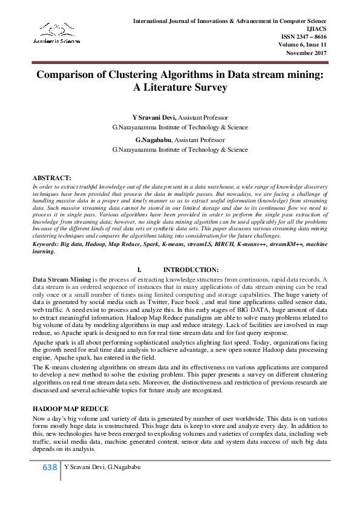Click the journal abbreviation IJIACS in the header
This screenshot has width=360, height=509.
(x=316, y=28)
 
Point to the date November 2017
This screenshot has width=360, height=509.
(x=306, y=53)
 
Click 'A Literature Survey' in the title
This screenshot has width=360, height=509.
(x=180, y=88)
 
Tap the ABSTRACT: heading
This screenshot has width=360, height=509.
(x=51, y=178)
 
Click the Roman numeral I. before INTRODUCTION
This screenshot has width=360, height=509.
(x=140, y=269)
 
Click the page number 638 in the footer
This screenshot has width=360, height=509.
(x=49, y=467)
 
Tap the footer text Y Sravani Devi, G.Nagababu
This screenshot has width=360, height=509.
(x=103, y=468)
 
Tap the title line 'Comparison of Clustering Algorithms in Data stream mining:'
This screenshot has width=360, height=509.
(x=180, y=75)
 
